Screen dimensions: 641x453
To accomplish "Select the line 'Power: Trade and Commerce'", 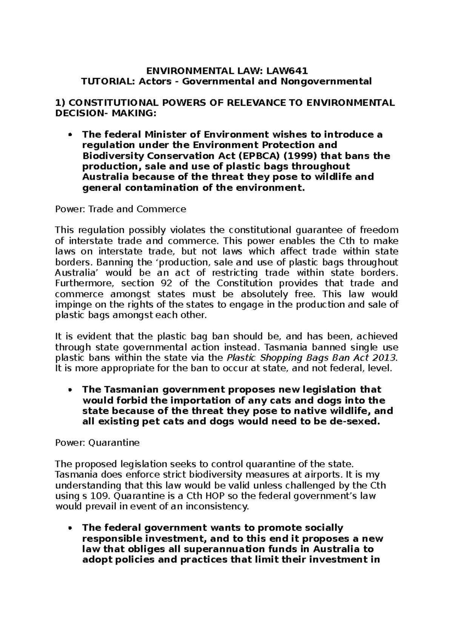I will click(120, 209).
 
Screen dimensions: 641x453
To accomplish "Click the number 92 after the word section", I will click(166, 283).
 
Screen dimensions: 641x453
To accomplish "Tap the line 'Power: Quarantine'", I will click(97, 443).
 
